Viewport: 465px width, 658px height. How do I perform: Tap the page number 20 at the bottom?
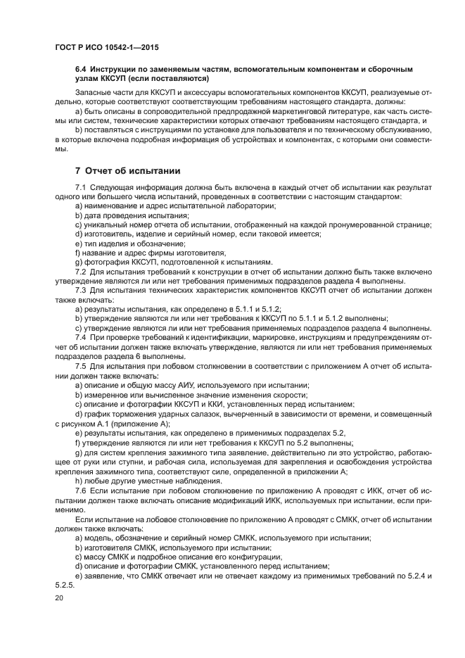(x=58, y=597)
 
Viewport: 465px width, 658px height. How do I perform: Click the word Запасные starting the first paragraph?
(x=94, y=92)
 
